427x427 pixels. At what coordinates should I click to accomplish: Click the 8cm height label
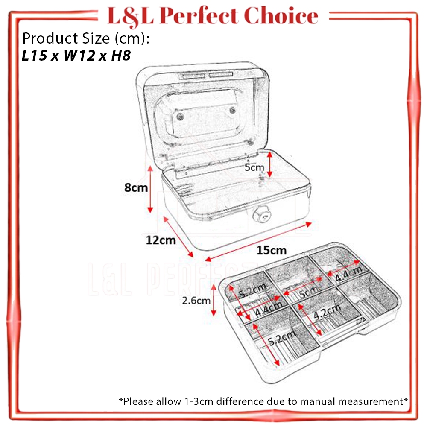tap(136, 187)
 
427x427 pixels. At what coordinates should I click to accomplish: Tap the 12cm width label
tap(161, 240)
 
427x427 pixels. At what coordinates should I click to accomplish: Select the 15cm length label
tap(272, 250)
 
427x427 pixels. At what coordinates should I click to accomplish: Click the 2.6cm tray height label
tap(196, 300)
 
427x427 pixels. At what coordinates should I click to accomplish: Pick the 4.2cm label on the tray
tap(327, 313)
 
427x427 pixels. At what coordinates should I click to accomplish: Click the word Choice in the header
tap(284, 16)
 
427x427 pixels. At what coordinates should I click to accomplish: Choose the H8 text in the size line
tap(120, 56)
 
